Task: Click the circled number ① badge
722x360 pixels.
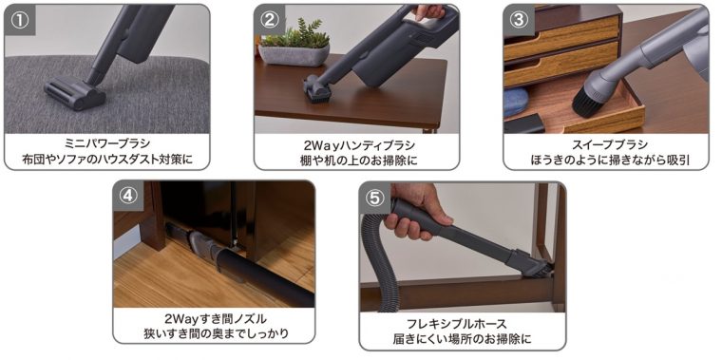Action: [x=19, y=21]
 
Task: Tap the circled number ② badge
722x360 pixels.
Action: [x=269, y=21]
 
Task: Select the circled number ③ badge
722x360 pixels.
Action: [x=519, y=21]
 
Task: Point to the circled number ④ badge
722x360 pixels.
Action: [x=128, y=196]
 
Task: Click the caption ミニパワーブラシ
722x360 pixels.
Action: [x=107, y=144]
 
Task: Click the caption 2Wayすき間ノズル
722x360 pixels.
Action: [x=215, y=318]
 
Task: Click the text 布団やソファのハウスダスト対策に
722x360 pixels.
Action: [x=107, y=160]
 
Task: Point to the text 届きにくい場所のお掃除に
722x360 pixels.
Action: [x=463, y=339]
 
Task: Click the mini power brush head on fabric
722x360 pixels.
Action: [x=75, y=93]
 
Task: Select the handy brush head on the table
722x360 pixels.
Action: [x=317, y=89]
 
